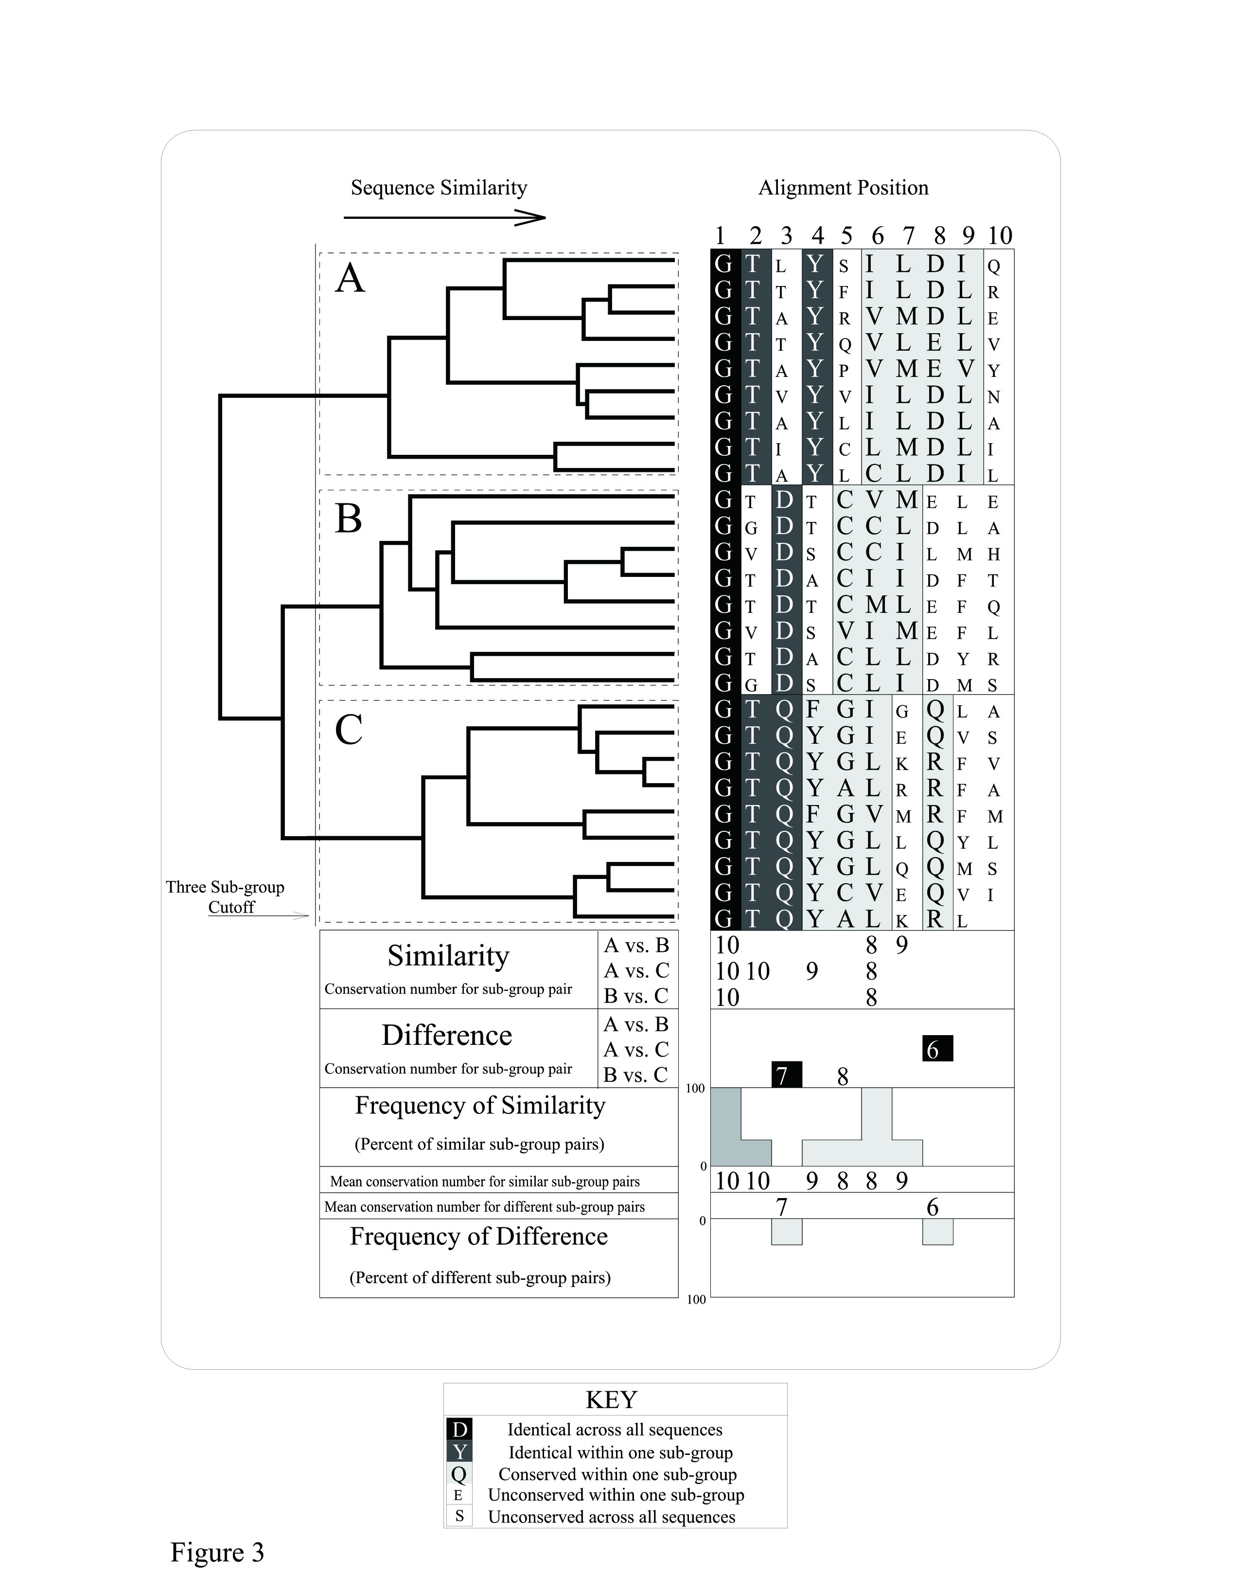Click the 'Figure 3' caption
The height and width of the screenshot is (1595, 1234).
tap(217, 1552)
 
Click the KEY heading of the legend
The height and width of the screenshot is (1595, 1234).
tap(611, 1399)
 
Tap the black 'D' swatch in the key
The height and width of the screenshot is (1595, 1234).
tap(459, 1429)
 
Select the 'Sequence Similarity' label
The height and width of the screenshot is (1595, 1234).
tap(439, 188)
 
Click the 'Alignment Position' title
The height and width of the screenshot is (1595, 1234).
tap(844, 188)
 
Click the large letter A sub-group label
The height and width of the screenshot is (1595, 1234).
tap(350, 279)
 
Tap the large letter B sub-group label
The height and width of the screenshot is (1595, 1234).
tap(348, 519)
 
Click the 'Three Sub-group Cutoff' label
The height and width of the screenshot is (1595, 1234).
tap(226, 897)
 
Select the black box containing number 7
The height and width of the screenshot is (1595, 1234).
tap(786, 1075)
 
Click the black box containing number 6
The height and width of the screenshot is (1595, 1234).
tap(937, 1049)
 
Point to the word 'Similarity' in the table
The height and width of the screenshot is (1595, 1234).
tap(448, 955)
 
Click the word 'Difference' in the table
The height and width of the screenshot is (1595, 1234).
tap(447, 1035)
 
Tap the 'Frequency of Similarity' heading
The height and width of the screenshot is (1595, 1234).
tap(480, 1105)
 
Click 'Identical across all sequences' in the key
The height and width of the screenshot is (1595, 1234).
tap(615, 1429)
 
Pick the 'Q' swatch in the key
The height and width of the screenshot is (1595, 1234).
tap(459, 1474)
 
